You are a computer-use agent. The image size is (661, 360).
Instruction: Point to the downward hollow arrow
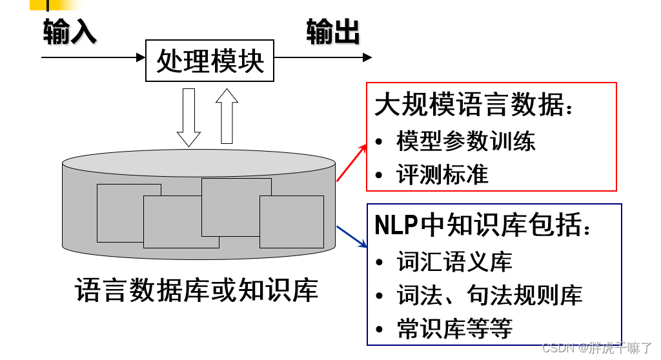point(188,117)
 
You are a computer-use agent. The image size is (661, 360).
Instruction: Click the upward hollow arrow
point(227,115)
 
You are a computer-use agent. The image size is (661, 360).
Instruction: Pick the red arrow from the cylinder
point(351,163)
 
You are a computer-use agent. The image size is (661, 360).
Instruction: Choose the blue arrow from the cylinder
point(352,237)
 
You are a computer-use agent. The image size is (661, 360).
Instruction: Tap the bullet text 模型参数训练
point(465,141)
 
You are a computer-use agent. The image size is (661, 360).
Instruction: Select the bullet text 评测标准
point(442,174)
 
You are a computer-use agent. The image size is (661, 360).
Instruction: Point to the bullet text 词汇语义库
point(454,261)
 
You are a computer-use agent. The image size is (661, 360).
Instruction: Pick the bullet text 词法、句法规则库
point(489,295)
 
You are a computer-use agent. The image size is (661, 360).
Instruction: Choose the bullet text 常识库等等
point(454,328)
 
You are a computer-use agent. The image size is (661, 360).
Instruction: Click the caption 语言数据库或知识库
point(197,290)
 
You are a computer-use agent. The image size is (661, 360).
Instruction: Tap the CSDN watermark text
point(596,348)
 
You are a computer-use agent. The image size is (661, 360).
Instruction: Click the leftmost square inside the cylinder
point(120,213)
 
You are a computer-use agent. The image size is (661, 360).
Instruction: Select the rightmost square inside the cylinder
point(292,222)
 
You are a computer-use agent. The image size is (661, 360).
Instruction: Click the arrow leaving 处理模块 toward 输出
point(323,57)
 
